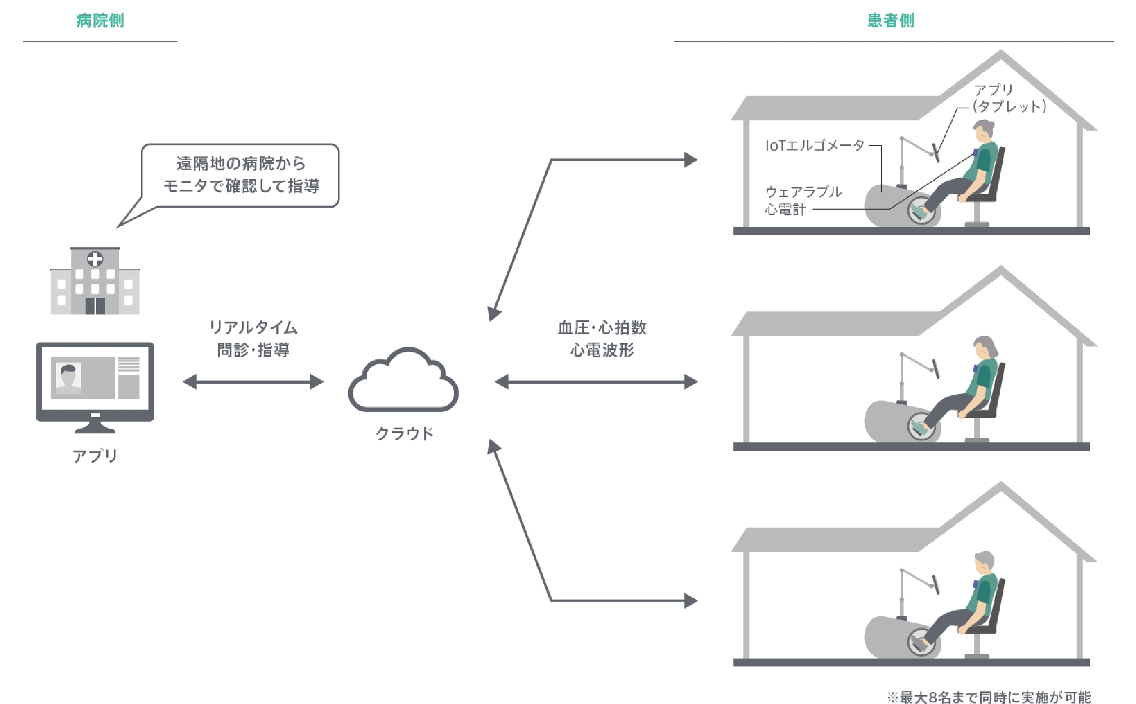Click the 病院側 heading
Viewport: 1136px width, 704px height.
click(100, 21)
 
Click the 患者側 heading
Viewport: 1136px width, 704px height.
click(891, 21)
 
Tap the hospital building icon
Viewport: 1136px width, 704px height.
click(95, 282)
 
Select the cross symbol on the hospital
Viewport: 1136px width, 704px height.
click(95, 259)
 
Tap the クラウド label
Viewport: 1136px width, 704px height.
click(405, 434)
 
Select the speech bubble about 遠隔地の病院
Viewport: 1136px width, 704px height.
click(240, 175)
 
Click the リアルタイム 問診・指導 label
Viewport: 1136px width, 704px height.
click(254, 339)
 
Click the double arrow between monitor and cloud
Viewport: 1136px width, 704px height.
click(253, 382)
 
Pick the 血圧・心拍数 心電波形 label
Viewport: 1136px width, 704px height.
click(602, 339)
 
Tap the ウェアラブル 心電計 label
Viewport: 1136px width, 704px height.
click(803, 200)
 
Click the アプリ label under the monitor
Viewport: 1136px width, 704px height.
click(95, 456)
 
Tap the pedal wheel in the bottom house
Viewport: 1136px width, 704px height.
click(921, 642)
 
